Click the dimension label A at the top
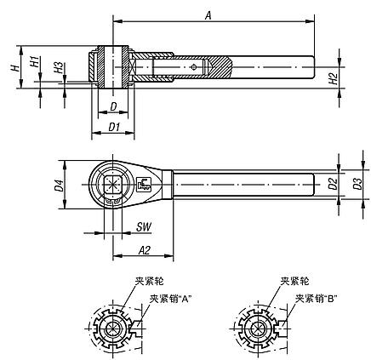(208, 14)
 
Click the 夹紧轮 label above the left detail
(139, 281)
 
